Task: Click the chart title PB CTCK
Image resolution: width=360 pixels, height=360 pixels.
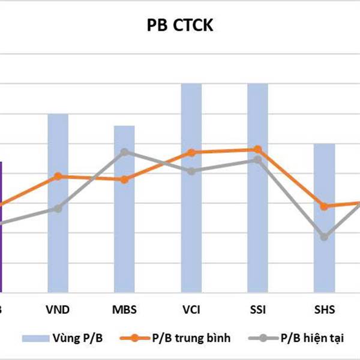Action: click(x=179, y=26)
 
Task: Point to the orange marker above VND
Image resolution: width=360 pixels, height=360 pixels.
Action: click(x=58, y=176)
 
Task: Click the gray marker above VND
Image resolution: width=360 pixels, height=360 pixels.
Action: click(x=58, y=208)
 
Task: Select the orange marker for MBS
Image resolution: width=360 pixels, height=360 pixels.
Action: click(x=124, y=179)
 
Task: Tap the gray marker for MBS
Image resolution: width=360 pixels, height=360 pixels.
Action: click(x=124, y=152)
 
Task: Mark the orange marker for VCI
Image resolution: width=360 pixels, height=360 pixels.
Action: click(x=191, y=152)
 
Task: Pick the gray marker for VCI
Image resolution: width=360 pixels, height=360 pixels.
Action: click(x=191, y=171)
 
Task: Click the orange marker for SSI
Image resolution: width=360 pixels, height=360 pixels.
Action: click(x=257, y=149)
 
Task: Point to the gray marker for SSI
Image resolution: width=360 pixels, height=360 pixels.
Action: click(x=257, y=160)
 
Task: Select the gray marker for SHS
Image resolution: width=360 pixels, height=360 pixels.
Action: click(x=325, y=237)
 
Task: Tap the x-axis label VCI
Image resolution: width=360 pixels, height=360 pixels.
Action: click(x=191, y=310)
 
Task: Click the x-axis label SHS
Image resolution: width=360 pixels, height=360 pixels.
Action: click(x=325, y=310)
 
